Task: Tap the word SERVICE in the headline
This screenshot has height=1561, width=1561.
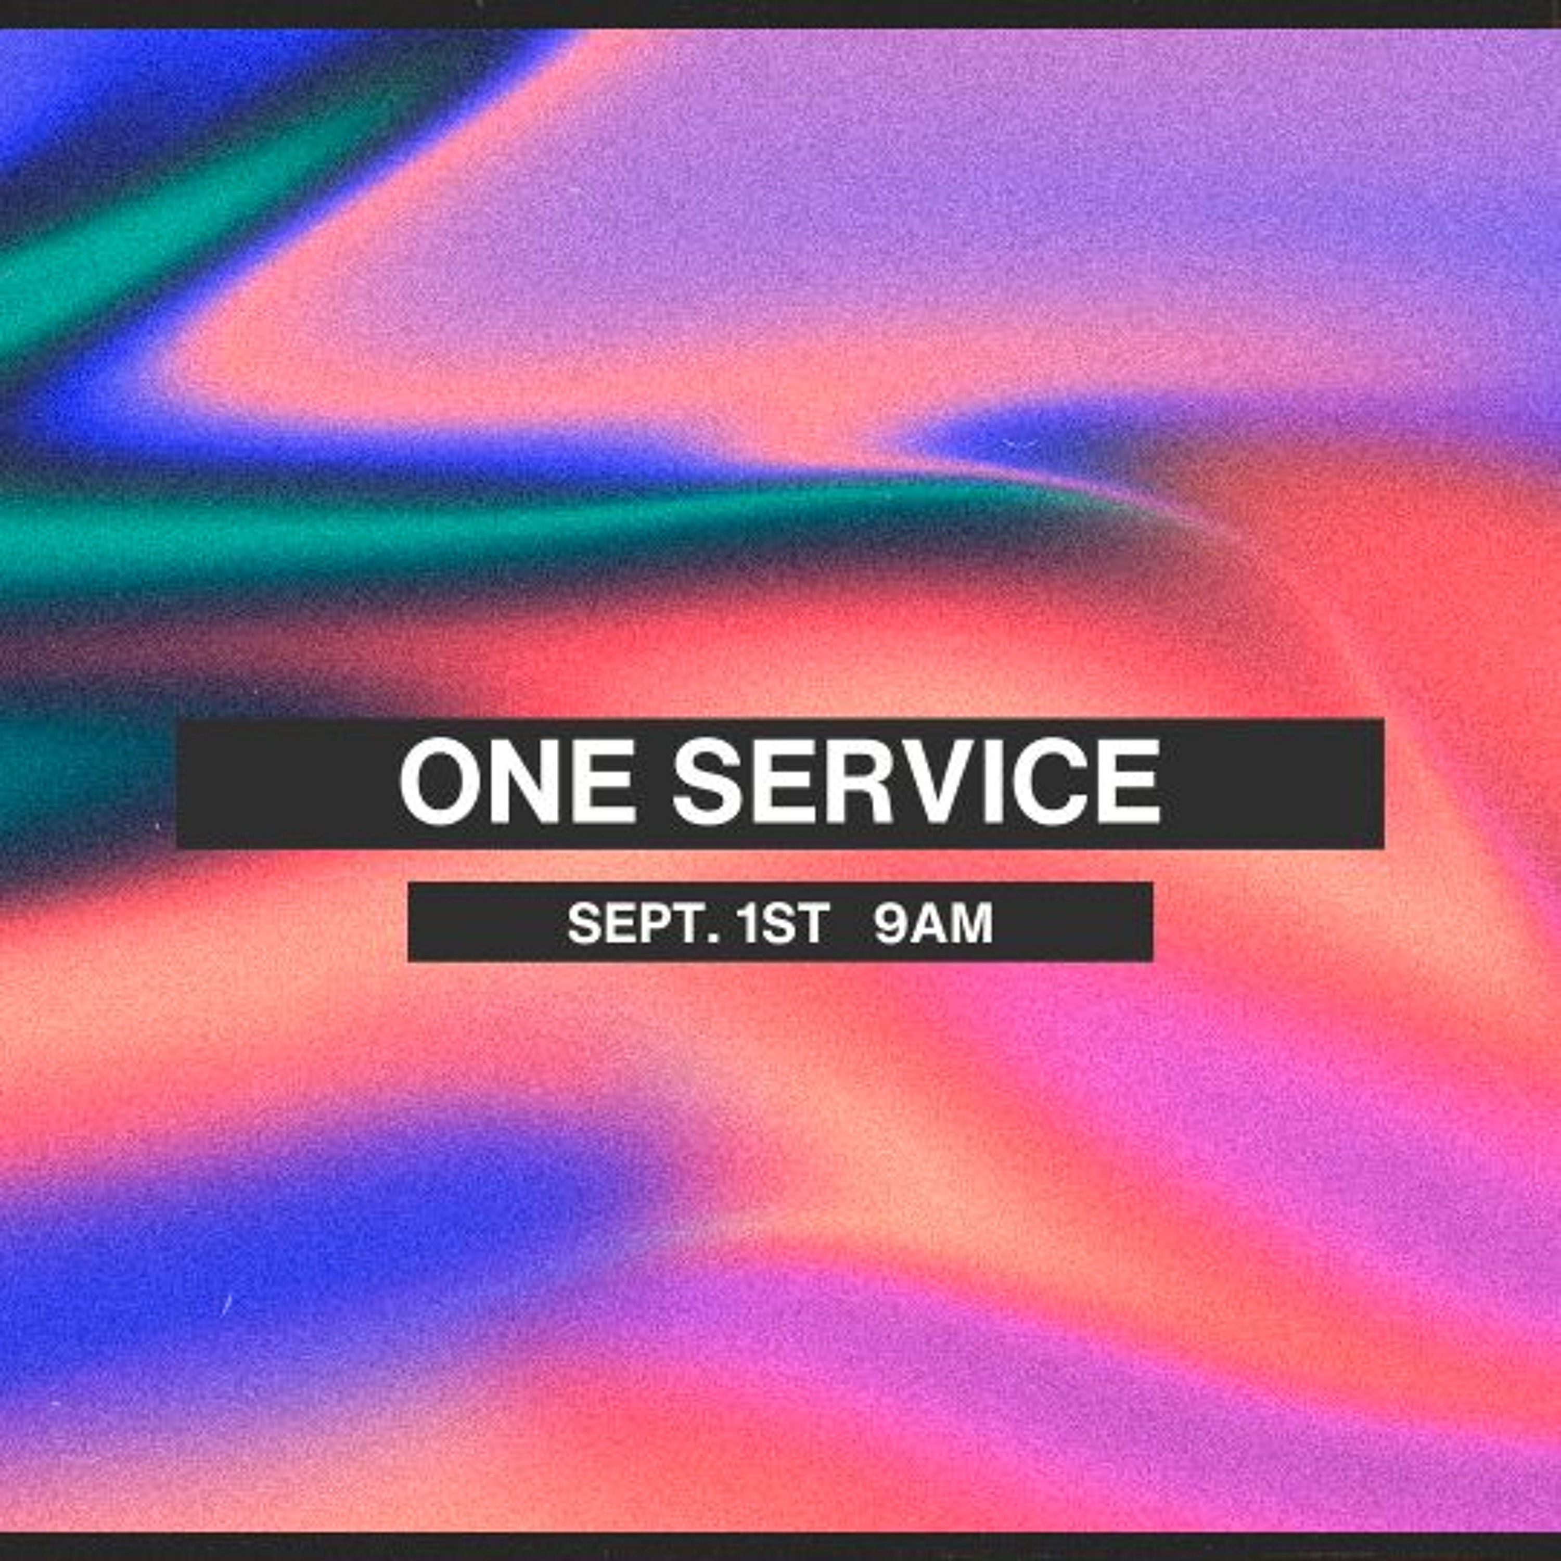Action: click(x=917, y=782)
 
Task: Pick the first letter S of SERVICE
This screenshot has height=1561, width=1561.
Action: click(x=707, y=782)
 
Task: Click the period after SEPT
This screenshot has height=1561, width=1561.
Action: click(x=713, y=939)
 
